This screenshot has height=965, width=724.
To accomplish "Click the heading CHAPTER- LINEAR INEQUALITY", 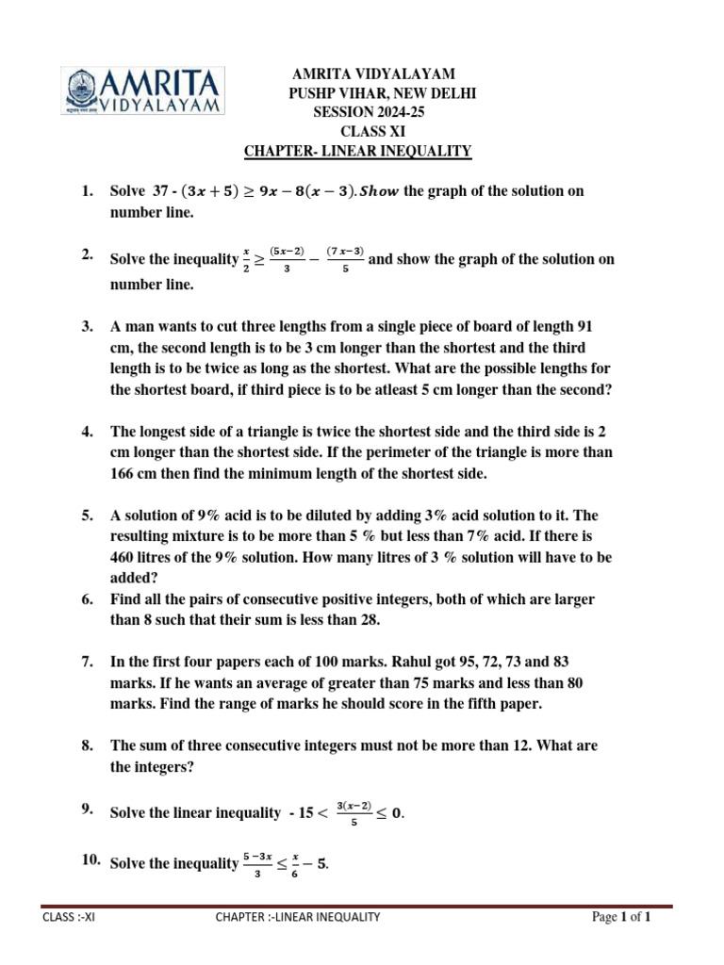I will [357, 151].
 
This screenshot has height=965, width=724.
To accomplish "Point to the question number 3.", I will [87, 326].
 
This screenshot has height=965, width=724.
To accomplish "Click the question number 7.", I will [87, 663].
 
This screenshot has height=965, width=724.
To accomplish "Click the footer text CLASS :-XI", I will [69, 916].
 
